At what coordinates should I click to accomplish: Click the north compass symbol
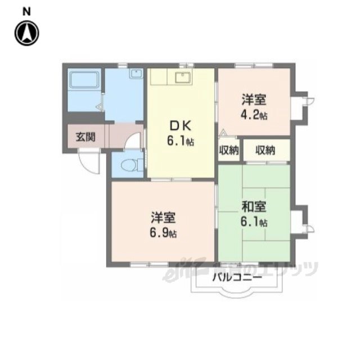coord(27,33)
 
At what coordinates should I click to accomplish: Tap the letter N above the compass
coord(26,11)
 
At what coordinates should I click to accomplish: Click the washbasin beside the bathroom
coord(136,75)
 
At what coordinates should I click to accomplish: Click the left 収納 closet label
coord(229,150)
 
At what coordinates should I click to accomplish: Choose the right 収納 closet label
coord(265,150)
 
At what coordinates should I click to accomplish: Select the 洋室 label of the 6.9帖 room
coord(165,217)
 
